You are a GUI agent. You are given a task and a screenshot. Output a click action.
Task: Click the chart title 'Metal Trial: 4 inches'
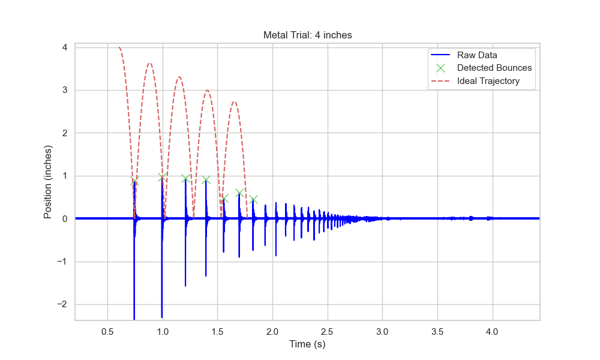(307, 35)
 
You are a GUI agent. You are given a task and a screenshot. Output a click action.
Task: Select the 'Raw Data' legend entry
(477, 55)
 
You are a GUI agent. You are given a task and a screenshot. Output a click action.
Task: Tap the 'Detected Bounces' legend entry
(494, 68)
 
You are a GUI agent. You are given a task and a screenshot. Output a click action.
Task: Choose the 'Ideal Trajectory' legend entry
(488, 81)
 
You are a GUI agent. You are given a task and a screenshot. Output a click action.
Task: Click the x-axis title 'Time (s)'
(307, 344)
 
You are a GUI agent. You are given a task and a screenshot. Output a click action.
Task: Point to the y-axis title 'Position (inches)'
(48, 181)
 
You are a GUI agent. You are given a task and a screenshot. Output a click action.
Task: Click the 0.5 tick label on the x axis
(107, 331)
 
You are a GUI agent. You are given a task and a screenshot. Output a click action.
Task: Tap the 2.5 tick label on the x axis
(328, 331)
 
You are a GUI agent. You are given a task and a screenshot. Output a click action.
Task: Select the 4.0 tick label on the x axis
(493, 331)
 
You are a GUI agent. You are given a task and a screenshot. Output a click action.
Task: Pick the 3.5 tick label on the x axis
(437, 331)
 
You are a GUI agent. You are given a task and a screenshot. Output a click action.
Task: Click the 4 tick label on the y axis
(64, 47)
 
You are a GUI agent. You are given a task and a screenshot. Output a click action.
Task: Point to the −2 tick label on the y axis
(61, 304)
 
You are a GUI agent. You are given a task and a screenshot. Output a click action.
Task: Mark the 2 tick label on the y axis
(64, 133)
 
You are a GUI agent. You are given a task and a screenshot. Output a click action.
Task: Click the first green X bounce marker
(134, 181)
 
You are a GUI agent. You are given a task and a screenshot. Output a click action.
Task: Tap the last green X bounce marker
(253, 199)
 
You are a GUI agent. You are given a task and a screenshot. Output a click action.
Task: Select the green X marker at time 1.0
(162, 177)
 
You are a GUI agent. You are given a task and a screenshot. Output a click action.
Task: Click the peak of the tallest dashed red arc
(149, 63)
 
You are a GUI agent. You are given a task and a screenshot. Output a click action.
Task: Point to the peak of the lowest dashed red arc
(234, 101)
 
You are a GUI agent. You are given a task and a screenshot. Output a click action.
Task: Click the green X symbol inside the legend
(440, 68)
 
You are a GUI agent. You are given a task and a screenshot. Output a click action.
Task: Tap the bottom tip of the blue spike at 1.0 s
(162, 317)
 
